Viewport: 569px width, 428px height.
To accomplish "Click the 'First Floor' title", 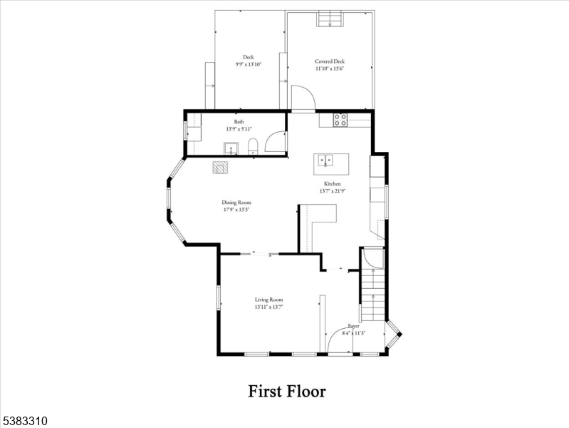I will pos(286,391).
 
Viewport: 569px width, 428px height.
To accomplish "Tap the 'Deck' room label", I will pos(248,57).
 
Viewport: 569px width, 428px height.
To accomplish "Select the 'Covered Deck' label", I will pos(330,61).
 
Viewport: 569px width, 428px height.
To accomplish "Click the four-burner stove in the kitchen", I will pos(340,120).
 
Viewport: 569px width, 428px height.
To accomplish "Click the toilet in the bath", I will pos(252,148).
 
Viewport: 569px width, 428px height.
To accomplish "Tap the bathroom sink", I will pos(231,148).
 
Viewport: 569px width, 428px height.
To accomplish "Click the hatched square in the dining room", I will pos(220,167).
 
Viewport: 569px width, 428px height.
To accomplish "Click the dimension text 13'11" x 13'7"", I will pos(269,307).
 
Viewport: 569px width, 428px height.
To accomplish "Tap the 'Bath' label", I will pos(239,122).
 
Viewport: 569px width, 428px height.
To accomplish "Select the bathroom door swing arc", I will pos(273,141).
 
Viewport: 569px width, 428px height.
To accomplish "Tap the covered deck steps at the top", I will pos(328,19).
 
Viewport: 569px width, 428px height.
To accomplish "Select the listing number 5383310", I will pos(25,422).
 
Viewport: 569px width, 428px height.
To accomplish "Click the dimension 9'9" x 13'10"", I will pos(248,65).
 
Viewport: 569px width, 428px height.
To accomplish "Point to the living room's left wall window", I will pos(219,297).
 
